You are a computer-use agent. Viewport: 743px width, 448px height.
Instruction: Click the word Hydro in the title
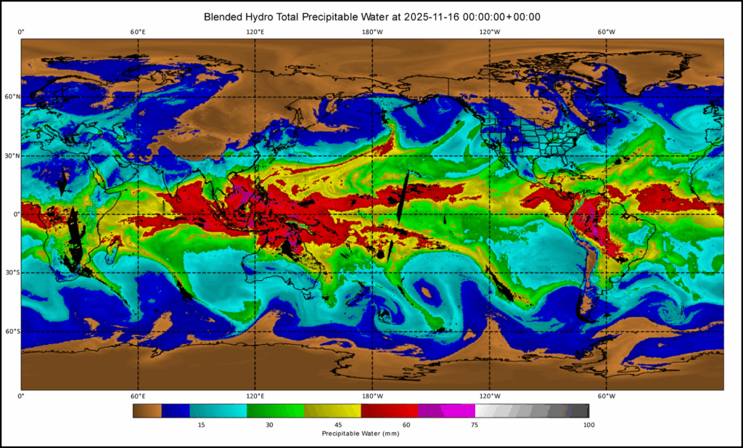click(272, 16)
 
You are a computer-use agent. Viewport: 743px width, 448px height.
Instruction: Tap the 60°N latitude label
click(11, 97)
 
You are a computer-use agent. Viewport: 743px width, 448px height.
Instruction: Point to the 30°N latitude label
click(11, 155)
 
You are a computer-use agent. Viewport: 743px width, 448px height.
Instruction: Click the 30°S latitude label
click(11, 273)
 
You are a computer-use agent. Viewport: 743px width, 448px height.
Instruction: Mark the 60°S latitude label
click(11, 332)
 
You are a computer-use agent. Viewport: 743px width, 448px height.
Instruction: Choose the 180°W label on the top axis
click(372, 32)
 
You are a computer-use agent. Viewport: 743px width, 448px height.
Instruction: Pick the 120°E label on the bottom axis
click(255, 396)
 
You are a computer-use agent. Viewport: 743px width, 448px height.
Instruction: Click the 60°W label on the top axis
click(607, 32)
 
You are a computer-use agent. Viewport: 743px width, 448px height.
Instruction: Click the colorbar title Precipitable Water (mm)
click(361, 433)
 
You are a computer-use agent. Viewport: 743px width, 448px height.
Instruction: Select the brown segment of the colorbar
click(147, 411)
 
